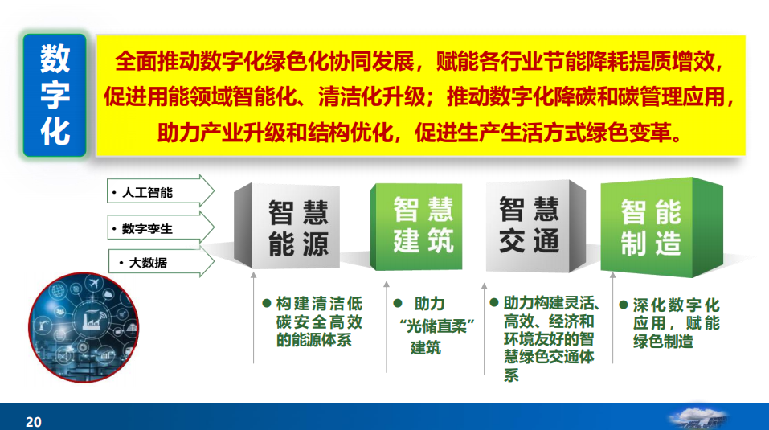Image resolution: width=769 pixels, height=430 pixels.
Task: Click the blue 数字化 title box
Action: point(55,95)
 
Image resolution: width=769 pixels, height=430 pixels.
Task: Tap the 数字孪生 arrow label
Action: point(161,228)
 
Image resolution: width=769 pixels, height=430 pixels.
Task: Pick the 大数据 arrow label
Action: point(161,262)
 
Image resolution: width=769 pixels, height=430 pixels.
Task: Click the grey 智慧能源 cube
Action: point(287,226)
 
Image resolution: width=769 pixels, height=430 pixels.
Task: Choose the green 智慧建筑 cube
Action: point(416,227)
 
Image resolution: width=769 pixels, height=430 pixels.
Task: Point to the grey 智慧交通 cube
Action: point(535,226)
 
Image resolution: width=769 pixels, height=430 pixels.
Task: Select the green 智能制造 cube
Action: point(661,227)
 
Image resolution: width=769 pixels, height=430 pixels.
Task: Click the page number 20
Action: point(34,422)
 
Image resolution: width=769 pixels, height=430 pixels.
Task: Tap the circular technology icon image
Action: point(84,328)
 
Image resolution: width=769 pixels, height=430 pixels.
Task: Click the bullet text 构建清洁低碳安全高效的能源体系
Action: point(319,321)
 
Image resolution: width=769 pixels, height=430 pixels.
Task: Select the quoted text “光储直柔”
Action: point(437,326)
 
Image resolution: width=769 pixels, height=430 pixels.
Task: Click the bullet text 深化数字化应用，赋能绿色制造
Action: point(677,322)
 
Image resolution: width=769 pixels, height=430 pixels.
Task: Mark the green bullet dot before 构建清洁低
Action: point(267,304)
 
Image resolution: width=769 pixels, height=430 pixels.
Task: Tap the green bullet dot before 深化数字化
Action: point(624,305)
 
